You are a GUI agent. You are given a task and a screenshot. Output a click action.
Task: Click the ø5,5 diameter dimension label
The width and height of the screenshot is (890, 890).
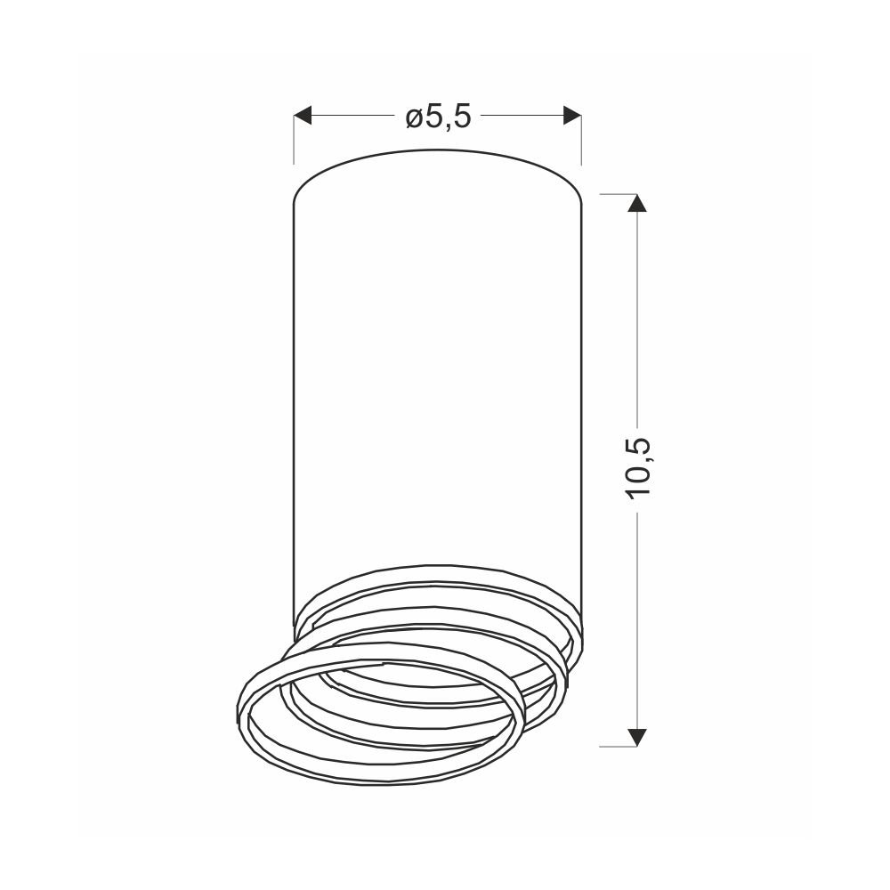(x=438, y=117)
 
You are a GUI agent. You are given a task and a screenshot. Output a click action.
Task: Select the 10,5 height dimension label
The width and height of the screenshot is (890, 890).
(x=638, y=469)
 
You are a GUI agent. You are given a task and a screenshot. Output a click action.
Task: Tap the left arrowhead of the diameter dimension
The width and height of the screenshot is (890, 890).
(x=303, y=115)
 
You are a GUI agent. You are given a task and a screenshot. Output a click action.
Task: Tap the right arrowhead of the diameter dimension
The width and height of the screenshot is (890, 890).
(x=572, y=115)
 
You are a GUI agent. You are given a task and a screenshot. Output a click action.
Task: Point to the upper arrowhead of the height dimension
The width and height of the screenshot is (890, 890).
(x=637, y=203)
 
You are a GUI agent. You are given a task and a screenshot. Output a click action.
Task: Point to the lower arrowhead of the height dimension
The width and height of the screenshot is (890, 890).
(x=637, y=737)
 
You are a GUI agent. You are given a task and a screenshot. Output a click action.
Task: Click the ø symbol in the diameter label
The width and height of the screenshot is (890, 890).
(x=414, y=118)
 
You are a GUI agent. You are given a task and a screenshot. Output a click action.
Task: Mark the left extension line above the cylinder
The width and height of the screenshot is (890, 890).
(x=294, y=139)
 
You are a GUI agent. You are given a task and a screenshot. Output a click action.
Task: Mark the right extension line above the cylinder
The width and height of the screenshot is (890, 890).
(x=581, y=139)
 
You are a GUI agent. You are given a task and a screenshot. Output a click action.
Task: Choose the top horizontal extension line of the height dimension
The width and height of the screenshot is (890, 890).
(x=619, y=194)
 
